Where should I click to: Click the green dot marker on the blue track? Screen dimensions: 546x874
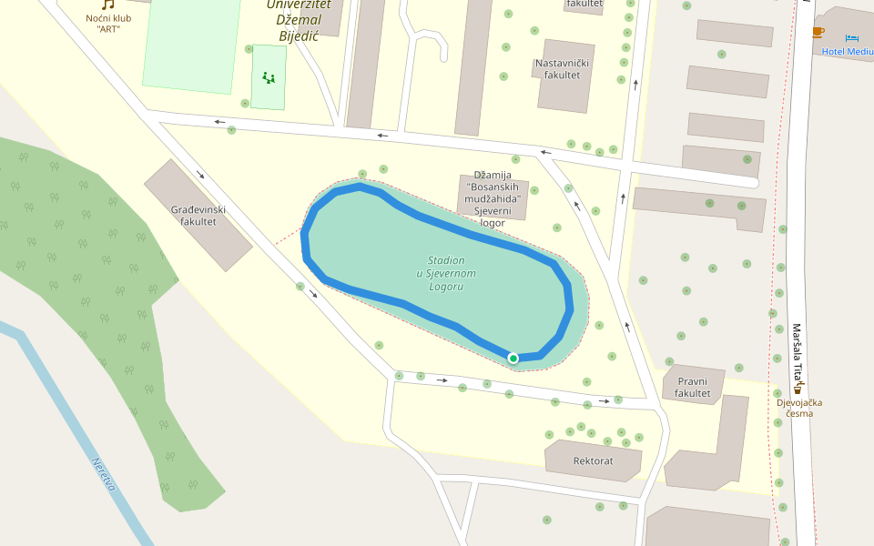click(x=513, y=359)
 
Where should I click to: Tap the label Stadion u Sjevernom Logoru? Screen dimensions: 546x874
click(x=446, y=273)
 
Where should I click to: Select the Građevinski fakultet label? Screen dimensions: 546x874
click(x=198, y=216)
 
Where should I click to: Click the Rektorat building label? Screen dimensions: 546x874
click(x=593, y=461)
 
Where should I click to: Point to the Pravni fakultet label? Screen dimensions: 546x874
click(x=692, y=388)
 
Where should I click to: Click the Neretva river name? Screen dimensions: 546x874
click(x=103, y=474)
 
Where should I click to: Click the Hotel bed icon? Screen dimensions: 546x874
click(x=851, y=37)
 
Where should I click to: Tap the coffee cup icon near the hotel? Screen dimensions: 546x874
click(x=818, y=33)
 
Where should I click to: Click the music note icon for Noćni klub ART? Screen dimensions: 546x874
click(x=108, y=5)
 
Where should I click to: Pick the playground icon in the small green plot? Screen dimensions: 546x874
click(x=269, y=77)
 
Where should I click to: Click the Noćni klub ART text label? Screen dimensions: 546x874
click(x=108, y=23)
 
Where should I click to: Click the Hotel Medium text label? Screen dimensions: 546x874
click(x=847, y=52)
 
